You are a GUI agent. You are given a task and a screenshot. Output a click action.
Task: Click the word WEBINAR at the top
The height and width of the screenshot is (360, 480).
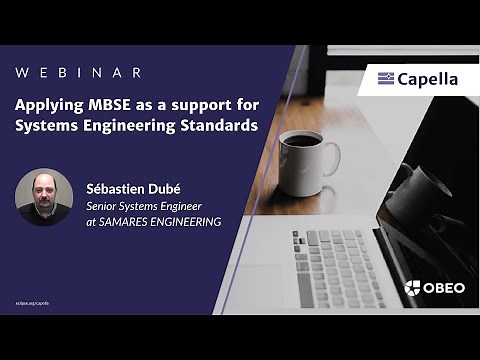coord(78,73)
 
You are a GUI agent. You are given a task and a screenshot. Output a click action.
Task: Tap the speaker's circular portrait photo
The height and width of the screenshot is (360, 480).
coord(44,196)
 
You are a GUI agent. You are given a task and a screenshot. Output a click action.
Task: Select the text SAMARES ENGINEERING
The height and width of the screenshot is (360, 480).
coord(162,221)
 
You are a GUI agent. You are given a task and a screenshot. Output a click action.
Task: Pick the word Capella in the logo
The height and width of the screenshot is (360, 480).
coord(427,79)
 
